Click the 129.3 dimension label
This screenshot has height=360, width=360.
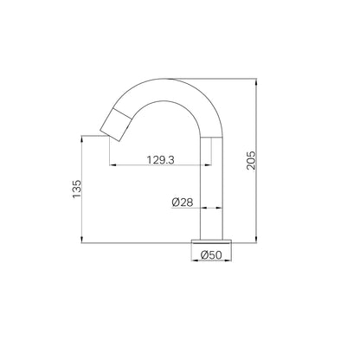click(x=161, y=159)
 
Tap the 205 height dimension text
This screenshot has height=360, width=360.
click(x=251, y=160)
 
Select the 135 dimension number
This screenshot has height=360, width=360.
click(x=77, y=189)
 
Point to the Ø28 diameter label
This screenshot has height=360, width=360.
click(x=183, y=202)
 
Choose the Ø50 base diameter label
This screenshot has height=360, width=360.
click(x=211, y=255)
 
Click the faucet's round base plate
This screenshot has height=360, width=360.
click(x=211, y=241)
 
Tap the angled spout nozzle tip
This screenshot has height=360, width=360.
click(x=115, y=125)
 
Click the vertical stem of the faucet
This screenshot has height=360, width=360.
click(x=211, y=188)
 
